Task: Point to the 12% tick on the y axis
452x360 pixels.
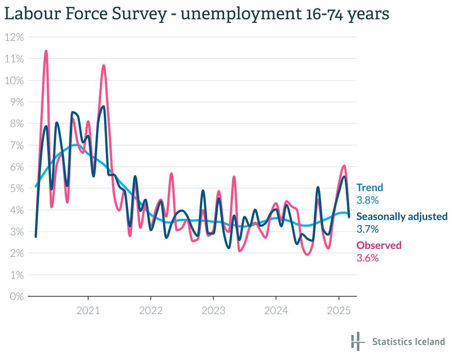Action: (x=14, y=37)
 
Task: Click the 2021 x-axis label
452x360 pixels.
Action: (x=88, y=310)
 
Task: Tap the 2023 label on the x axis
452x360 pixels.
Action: (x=213, y=310)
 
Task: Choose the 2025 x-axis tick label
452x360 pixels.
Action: (x=339, y=310)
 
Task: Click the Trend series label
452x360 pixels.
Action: (x=370, y=187)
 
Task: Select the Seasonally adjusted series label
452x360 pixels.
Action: (x=402, y=216)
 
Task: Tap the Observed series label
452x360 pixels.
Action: (x=379, y=245)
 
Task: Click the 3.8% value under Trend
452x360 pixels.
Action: (x=368, y=200)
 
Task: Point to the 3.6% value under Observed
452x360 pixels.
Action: (x=368, y=258)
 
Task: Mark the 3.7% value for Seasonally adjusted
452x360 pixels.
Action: (x=368, y=229)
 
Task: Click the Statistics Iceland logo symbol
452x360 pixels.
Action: (x=356, y=341)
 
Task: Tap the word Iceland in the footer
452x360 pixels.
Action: (x=429, y=341)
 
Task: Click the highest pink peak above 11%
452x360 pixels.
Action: (x=46, y=51)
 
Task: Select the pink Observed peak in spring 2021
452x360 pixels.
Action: (x=104, y=66)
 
